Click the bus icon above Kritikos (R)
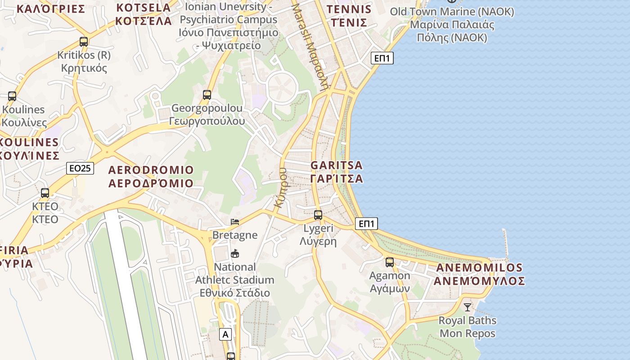(84, 42)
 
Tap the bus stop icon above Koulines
(12, 96)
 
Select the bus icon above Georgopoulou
(207, 95)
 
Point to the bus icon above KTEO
(45, 193)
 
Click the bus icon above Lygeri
(318, 215)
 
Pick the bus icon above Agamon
(390, 262)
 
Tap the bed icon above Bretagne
(235, 222)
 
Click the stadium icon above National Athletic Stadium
(235, 254)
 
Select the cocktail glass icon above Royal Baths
(468, 307)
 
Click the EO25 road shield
(80, 168)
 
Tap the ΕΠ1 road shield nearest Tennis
(382, 58)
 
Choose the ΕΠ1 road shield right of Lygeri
(366, 224)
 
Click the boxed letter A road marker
(225, 334)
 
